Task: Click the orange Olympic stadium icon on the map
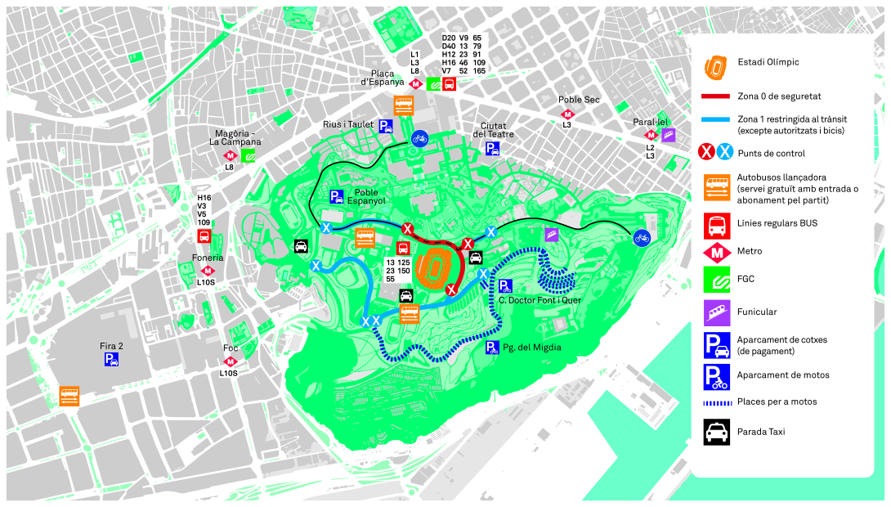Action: (430, 268)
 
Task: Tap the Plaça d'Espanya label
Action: (383, 78)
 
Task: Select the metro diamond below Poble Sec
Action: (567, 114)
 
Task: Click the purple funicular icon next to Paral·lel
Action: (669, 135)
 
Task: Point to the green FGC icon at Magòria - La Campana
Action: (248, 155)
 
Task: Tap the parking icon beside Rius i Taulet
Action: (385, 125)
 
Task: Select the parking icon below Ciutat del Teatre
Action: (492, 148)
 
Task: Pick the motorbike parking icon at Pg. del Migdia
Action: (492, 348)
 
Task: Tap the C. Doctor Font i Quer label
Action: (540, 300)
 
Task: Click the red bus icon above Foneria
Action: (204, 236)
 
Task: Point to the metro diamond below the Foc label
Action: (231, 361)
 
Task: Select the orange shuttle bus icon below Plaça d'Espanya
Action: (404, 105)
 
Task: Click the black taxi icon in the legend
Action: (716, 431)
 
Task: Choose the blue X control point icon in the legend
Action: (724, 153)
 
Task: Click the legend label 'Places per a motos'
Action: (776, 402)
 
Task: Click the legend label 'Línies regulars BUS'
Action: (777, 223)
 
